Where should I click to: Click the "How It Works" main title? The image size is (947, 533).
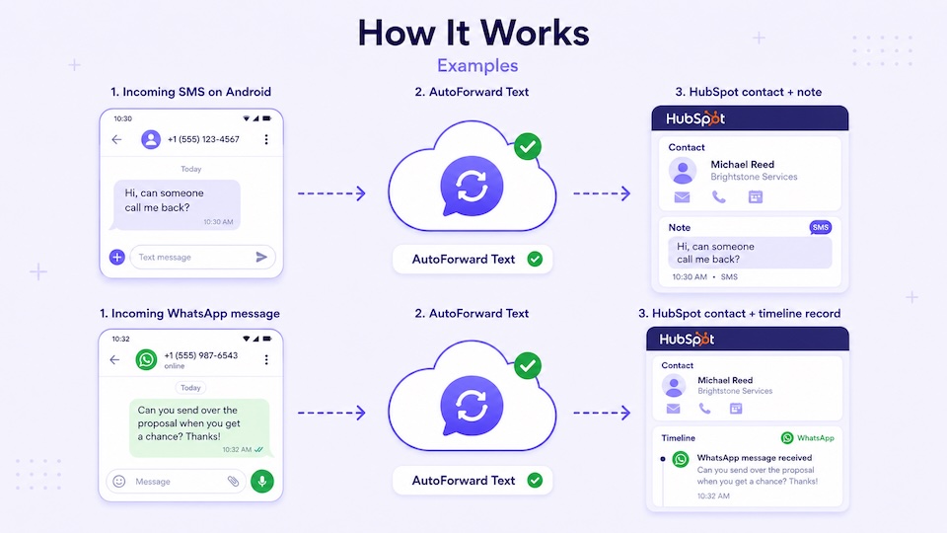click(x=473, y=33)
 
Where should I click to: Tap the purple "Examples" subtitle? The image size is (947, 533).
click(x=477, y=65)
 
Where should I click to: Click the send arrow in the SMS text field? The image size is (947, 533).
click(x=261, y=257)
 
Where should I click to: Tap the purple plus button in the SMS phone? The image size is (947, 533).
click(x=117, y=257)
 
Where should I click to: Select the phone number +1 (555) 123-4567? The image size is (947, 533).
click(x=203, y=139)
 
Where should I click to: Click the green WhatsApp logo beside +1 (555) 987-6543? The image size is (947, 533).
click(x=146, y=359)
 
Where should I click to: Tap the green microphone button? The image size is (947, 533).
click(x=262, y=481)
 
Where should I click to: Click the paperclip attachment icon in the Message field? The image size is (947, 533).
click(x=233, y=481)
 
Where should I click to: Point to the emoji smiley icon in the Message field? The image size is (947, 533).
click(x=119, y=481)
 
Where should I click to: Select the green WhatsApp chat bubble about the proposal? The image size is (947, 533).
click(x=199, y=427)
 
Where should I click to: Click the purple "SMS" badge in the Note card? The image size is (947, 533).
click(x=820, y=227)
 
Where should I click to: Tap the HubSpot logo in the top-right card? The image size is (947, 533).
click(x=695, y=118)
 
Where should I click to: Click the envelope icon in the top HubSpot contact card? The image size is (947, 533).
click(x=682, y=197)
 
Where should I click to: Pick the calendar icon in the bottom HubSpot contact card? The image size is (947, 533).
click(x=736, y=409)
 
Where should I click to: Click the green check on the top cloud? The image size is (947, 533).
click(x=528, y=146)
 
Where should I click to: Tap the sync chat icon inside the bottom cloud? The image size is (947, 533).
click(x=472, y=405)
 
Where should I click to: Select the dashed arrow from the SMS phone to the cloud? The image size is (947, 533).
click(x=331, y=193)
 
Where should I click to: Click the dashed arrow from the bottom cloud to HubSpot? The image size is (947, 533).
click(x=602, y=413)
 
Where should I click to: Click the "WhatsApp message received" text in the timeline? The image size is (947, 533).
click(x=755, y=457)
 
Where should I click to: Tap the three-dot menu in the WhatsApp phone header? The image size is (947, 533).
click(x=266, y=359)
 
